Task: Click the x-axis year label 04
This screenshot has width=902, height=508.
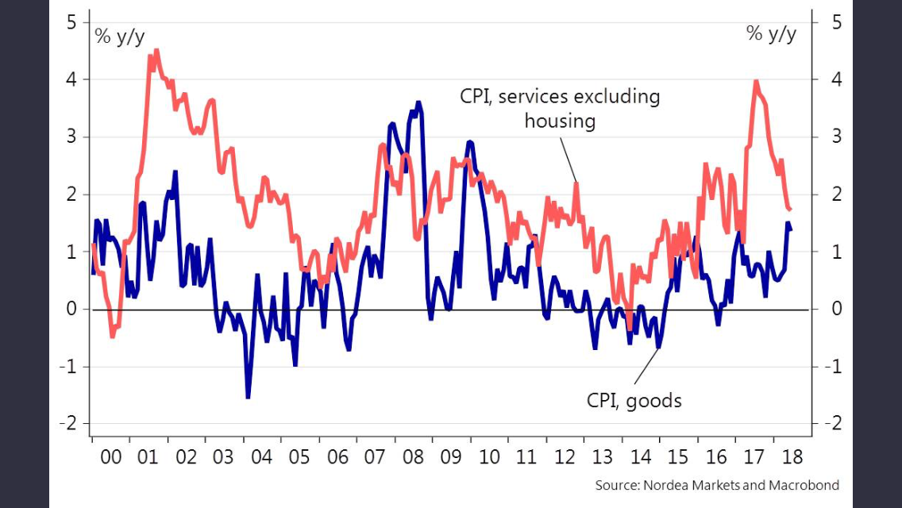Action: click(x=261, y=457)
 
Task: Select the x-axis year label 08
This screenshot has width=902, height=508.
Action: click(x=413, y=457)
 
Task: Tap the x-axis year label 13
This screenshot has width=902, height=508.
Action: click(x=602, y=457)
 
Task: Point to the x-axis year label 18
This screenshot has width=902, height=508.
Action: click(x=792, y=457)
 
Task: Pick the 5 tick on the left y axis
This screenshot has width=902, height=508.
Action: click(x=71, y=22)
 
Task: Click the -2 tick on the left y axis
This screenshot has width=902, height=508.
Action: click(x=68, y=424)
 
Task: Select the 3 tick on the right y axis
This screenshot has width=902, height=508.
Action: click(x=835, y=137)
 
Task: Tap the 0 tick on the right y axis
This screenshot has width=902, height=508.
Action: click(x=835, y=309)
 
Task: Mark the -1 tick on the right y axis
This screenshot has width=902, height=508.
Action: click(x=832, y=367)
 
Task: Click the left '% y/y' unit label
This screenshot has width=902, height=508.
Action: click(x=120, y=36)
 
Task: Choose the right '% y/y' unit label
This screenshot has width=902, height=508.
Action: click(x=771, y=33)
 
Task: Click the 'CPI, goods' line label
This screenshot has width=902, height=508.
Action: click(x=634, y=400)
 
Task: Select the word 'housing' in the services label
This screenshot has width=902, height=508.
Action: click(x=560, y=121)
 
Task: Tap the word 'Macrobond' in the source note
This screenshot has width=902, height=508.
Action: click(x=804, y=484)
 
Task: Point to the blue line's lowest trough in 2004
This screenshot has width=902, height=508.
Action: click(x=248, y=397)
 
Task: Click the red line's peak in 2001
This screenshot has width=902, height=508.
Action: click(x=156, y=51)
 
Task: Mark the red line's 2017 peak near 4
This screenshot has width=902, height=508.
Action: click(x=755, y=81)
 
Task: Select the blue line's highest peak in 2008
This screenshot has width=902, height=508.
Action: click(x=418, y=102)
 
